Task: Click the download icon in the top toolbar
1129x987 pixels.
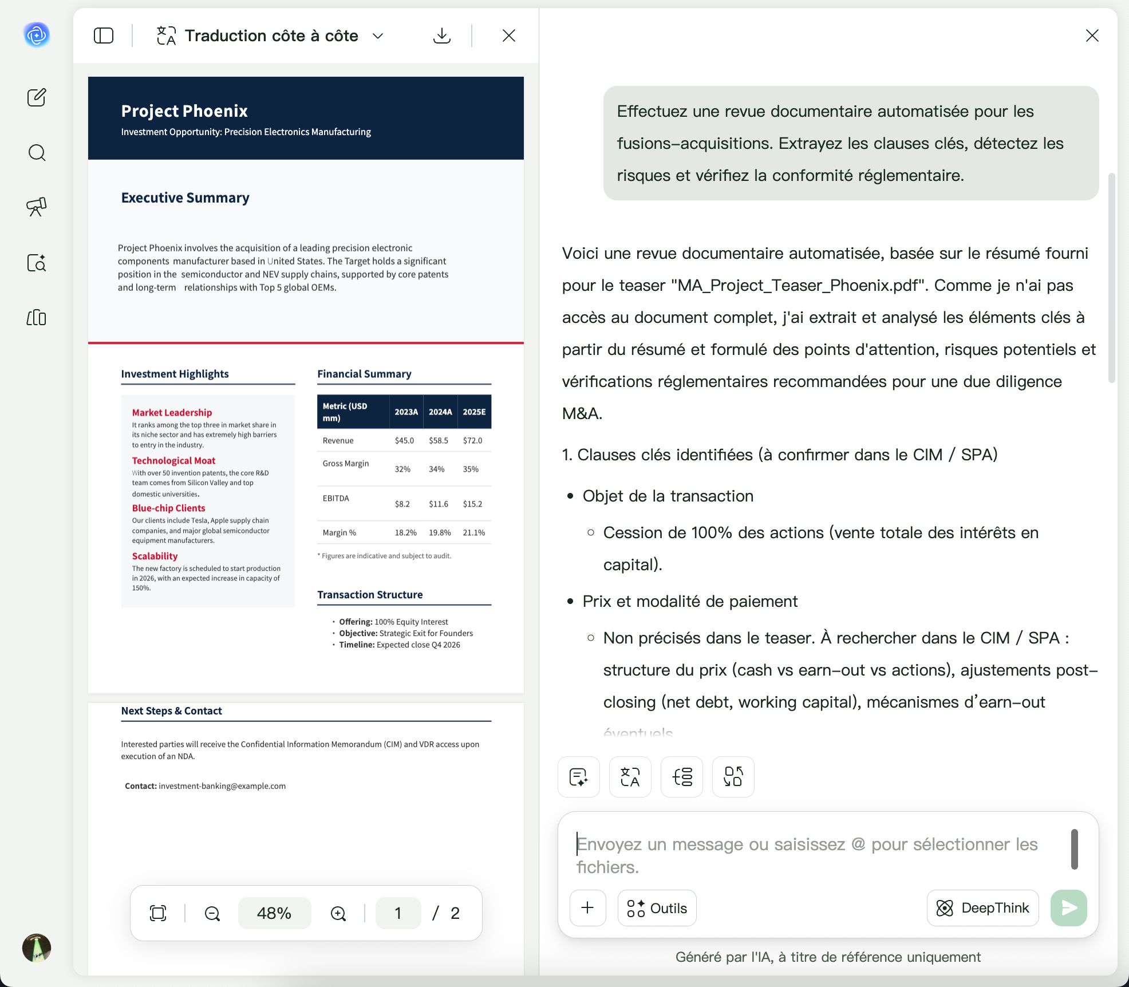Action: tap(441, 35)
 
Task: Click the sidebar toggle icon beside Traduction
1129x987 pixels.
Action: tap(104, 35)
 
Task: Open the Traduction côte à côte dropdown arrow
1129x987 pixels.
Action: tap(378, 35)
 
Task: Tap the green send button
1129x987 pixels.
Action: tap(1068, 908)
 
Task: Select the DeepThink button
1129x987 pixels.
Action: tap(982, 908)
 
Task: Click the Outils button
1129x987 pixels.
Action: tap(657, 908)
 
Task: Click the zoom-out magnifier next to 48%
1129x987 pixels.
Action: tap(212, 913)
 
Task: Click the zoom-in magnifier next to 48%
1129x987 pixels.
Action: tap(338, 913)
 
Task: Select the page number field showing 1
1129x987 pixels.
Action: tap(398, 913)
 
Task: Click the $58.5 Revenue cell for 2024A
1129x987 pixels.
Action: tap(438, 440)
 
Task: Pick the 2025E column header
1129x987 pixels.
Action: tap(474, 412)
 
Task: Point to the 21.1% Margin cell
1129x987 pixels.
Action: tap(473, 532)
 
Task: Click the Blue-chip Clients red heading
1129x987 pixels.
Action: tap(168, 508)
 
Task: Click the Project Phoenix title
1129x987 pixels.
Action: tap(184, 110)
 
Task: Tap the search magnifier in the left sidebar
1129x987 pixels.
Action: tap(37, 153)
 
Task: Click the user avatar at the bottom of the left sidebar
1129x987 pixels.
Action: tap(37, 947)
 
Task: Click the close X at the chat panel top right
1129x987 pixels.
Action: tap(1092, 35)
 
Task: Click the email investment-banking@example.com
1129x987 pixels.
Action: tap(222, 786)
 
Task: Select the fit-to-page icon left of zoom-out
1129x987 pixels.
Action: tap(158, 913)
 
